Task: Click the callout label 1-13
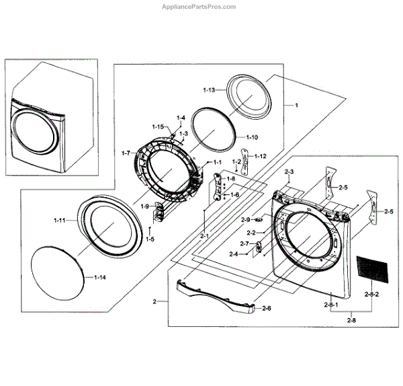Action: click(x=209, y=89)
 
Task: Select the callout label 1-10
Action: click(x=251, y=138)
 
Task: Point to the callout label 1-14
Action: click(x=99, y=277)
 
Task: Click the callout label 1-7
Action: click(x=125, y=153)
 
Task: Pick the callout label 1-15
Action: click(x=158, y=126)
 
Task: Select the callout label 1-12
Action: click(x=260, y=157)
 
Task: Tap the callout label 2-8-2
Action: click(x=371, y=295)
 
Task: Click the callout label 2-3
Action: click(x=289, y=173)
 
